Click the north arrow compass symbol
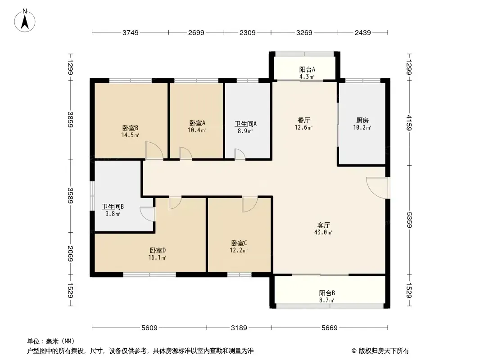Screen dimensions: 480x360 point(25,21)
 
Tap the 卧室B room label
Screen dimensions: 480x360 point(131,128)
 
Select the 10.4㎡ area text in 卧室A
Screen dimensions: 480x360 point(197,130)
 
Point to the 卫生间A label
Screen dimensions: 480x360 point(245,124)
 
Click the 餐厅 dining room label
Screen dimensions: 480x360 point(303,120)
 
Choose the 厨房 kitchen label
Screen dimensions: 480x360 point(362,120)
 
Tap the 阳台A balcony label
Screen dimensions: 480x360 point(307,69)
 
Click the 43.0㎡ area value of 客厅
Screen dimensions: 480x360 point(323,233)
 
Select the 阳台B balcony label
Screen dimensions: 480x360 point(327,293)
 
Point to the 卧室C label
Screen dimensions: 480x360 point(239,243)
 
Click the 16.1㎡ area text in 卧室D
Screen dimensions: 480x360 point(157,257)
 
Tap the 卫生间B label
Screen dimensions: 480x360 point(113,207)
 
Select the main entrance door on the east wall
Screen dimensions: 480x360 point(377,188)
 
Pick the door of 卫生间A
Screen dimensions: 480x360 point(240,154)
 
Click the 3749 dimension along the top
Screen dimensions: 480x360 point(131,32)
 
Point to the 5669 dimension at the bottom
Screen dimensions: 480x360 point(330,328)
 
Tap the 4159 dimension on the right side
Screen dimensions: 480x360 point(409,122)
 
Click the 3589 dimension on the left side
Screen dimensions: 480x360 point(70,196)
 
